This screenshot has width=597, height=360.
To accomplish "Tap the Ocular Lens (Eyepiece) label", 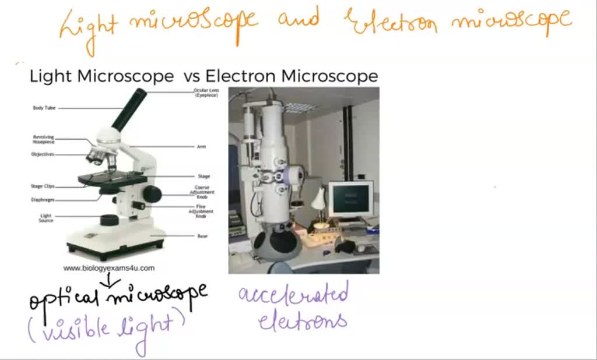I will pos(206,93).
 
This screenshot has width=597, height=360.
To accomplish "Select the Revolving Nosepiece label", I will pos(43,139).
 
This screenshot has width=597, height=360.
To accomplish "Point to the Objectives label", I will pos(43,154).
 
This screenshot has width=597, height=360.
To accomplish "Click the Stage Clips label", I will pos(43,186).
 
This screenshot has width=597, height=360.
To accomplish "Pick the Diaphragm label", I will pos(43,199).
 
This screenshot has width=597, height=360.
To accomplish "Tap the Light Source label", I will pos(45,218).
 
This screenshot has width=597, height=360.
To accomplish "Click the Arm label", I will pos(202,146).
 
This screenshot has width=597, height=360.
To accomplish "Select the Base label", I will pos(202,236).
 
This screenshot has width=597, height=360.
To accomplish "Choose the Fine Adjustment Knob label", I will pos(201,211).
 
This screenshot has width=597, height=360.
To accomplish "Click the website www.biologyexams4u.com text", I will pos(109,268).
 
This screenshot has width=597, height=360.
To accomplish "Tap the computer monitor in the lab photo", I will pos(350,199).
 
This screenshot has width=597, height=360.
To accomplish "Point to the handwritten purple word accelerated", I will pos(293,294).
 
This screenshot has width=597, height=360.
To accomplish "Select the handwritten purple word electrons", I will pos(303,321).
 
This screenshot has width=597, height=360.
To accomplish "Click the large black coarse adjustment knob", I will pos(152,193).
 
